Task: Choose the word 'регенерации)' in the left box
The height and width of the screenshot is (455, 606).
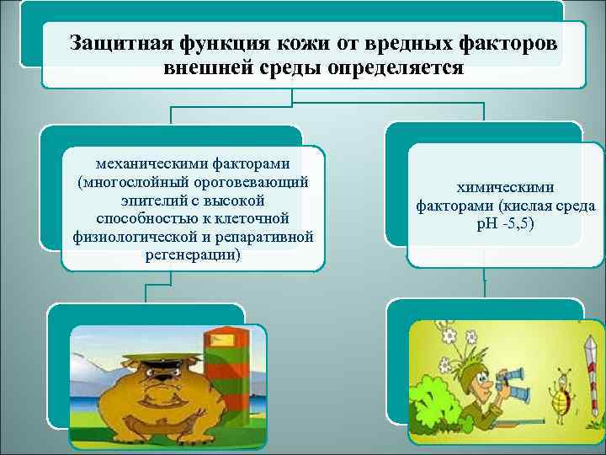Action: (193, 254)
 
